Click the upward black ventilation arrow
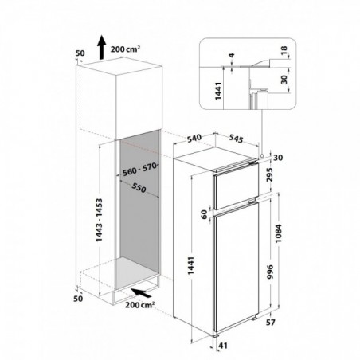coord(101,48)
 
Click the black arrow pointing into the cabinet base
coord(142,293)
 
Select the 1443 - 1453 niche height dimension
coord(99,220)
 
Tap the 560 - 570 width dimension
coord(140,170)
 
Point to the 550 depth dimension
coord(139,188)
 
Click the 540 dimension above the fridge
coord(194,139)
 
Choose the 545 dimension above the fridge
coord(236,138)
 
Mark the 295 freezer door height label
coord(270,174)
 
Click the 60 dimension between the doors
coord(204,214)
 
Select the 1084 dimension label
coord(279,233)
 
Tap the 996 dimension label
coord(270,272)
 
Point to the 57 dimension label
coord(271,323)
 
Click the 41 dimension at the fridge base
coord(223,346)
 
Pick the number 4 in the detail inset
coord(232,56)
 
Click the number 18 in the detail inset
coord(284,49)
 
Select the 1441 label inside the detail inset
coord(218,91)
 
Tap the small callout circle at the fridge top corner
coord(262,155)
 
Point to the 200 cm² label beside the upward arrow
coord(125,49)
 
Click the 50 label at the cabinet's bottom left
coord(78,299)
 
